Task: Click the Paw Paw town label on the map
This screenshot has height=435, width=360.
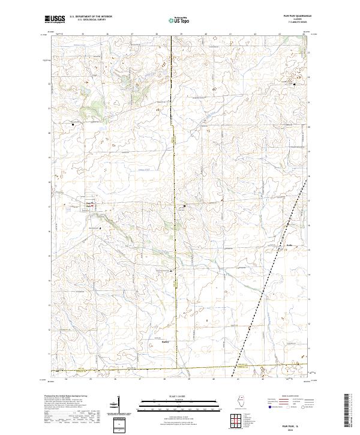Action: [x=89, y=204]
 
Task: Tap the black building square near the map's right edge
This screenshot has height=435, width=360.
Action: [x=294, y=84]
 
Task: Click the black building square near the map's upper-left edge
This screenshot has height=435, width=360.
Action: [x=73, y=124]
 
